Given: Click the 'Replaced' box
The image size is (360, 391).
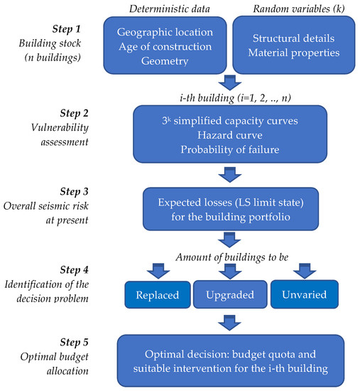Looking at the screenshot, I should point(158,294).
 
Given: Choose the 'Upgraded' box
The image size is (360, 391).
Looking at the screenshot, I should point(230,294).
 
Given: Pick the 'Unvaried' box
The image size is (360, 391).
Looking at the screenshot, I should point(303,294).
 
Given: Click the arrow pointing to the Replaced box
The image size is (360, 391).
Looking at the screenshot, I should point(158,270).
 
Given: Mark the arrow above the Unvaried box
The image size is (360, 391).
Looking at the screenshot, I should point(303,270).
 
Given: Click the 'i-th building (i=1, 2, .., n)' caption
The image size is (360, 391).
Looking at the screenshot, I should point(230,96).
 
